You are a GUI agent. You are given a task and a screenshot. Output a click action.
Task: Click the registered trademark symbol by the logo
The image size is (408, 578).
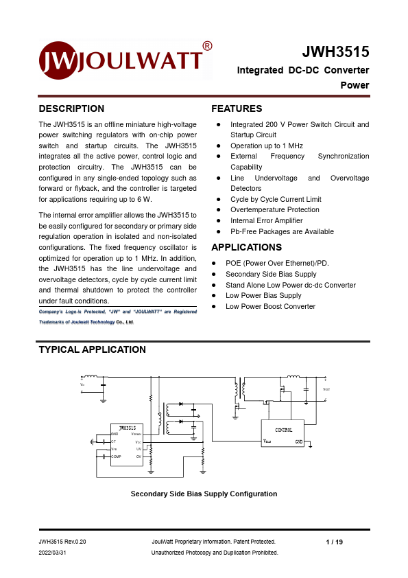pos(208,46)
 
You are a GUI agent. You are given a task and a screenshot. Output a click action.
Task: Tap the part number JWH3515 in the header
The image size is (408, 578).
pos(335,52)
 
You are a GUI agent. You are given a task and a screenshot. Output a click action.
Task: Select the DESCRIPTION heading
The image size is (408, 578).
pos(71,108)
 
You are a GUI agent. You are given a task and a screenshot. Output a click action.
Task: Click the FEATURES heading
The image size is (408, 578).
pos(237,108)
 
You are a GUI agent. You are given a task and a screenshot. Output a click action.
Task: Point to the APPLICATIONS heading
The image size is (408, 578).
pos(246,247)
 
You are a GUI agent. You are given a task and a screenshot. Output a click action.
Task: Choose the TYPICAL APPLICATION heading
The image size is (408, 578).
pos(92,349)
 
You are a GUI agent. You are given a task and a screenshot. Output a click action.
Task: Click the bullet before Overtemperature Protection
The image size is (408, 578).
pos(217,210)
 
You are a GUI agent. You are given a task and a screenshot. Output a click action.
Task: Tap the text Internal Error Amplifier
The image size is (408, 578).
pos(266,220)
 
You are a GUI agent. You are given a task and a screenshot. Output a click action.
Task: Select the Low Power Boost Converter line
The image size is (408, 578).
pos(270,306)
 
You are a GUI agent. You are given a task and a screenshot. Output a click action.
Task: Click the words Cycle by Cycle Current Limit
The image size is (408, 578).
pos(275,199)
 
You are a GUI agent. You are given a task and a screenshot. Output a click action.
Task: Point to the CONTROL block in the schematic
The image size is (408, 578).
pos(283,430)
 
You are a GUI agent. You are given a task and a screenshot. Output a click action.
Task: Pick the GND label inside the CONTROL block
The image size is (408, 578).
pos(298,441)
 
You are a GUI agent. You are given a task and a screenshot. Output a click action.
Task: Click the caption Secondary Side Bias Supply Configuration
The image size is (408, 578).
pos(204,494)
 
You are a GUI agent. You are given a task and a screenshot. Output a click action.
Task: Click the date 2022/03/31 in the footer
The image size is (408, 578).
pos(53,553)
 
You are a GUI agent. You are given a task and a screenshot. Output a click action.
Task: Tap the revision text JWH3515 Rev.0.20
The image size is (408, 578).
pos(62,542)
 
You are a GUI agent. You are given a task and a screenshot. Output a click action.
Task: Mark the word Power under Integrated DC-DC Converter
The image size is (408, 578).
pos(355,86)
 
